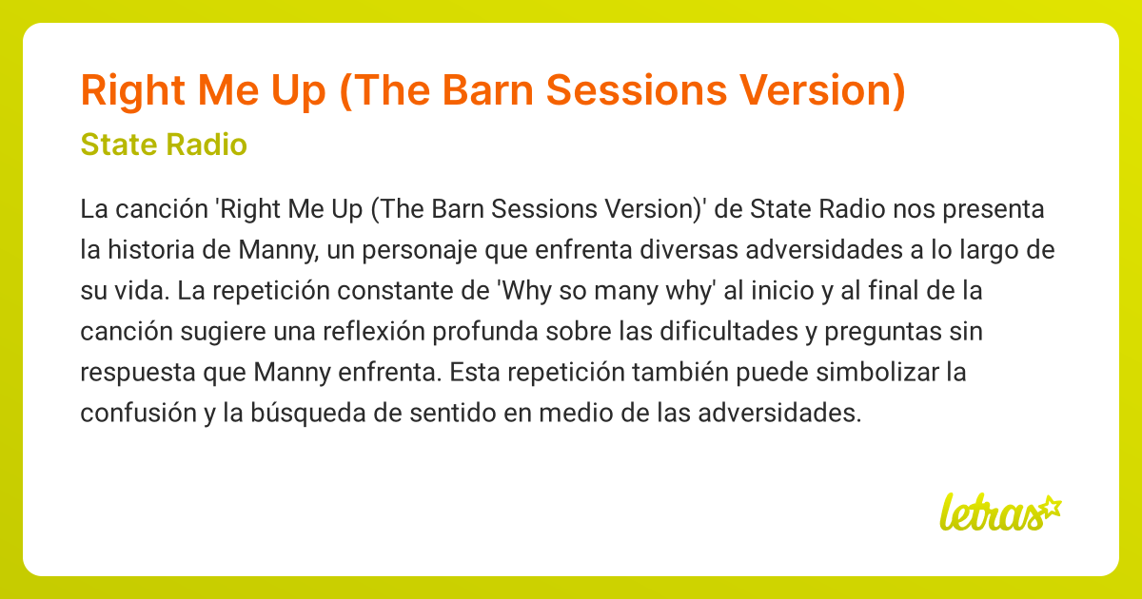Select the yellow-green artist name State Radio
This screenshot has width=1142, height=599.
pyautogui.click(x=164, y=145)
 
